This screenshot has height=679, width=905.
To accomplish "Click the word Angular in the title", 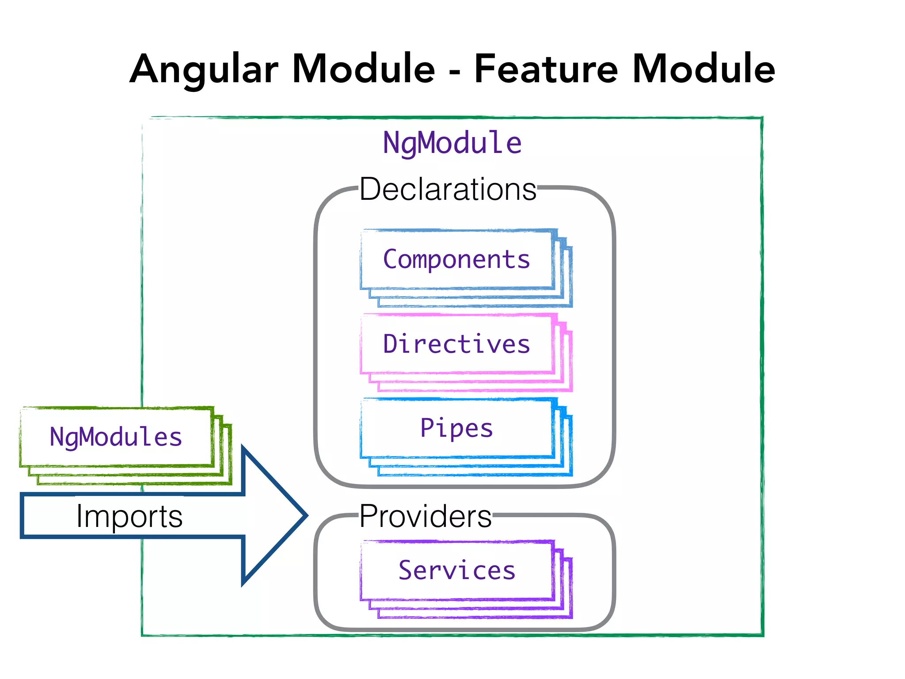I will tap(204, 69).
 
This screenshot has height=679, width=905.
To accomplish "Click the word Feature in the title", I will tap(545, 69).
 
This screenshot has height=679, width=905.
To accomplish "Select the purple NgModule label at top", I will tap(452, 143).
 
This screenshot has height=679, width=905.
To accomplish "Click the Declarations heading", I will tap(448, 189).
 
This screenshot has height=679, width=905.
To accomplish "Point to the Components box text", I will tap(456, 259).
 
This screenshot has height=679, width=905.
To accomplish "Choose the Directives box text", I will tap(456, 344).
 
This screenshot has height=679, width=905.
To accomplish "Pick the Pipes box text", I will tap(456, 428).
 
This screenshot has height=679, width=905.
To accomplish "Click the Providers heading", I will tap(425, 516).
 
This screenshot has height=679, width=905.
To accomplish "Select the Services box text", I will tap(456, 570).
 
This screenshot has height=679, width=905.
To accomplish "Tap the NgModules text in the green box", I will tap(116, 437).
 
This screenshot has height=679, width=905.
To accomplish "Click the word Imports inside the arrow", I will tap(129, 516).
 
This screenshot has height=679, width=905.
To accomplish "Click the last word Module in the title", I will tap(703, 69).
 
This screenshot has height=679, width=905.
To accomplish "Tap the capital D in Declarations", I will tap(371, 189).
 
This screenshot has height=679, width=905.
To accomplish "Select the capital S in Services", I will tap(406, 570).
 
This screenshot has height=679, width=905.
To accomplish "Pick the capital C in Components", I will tap(391, 259).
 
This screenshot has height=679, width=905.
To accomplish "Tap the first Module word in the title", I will tap(364, 69).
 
